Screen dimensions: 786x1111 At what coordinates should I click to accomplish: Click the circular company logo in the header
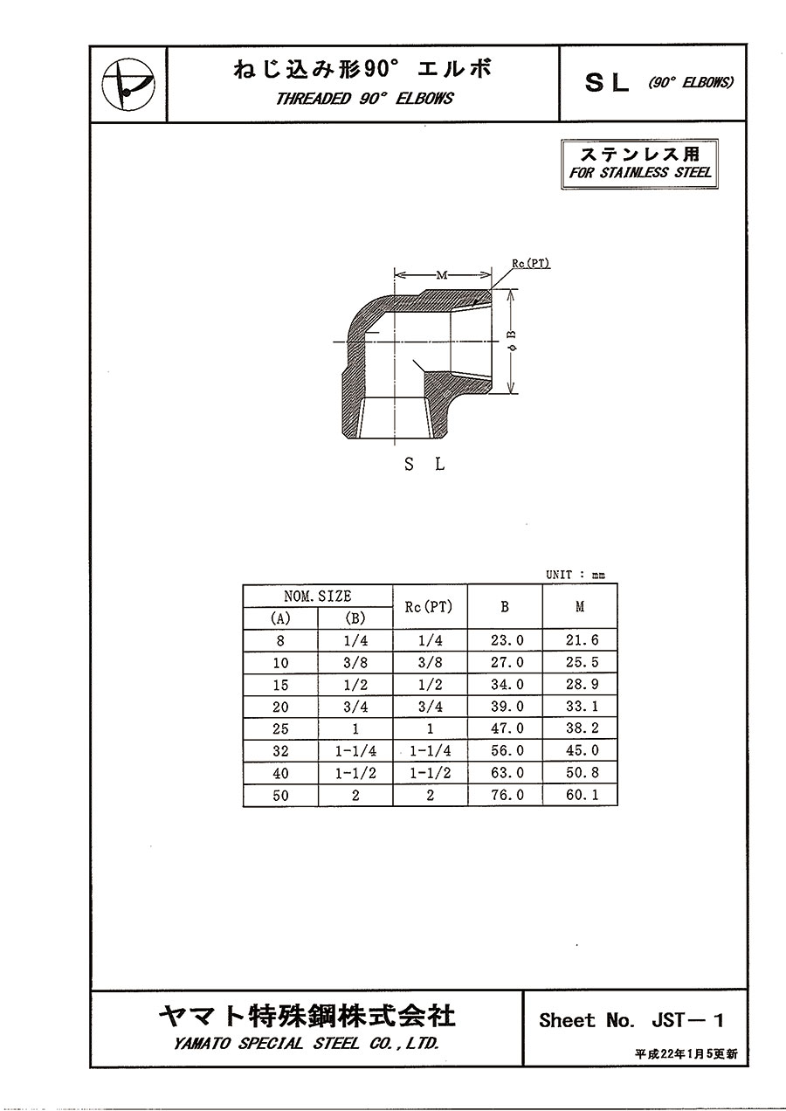click(128, 84)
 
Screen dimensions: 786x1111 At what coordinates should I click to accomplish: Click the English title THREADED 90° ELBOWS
click(364, 98)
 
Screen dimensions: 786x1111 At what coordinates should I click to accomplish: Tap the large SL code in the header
click(607, 83)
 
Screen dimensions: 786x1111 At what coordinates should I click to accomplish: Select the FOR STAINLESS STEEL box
click(639, 164)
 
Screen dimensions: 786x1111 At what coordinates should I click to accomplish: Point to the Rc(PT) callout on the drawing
click(531, 264)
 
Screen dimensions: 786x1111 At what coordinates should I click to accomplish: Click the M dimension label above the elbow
click(442, 275)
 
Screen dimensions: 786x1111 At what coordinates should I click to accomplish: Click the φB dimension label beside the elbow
click(513, 342)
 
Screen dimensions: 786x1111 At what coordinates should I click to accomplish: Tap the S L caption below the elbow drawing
click(424, 465)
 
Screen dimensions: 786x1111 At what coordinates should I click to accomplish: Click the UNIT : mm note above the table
click(576, 575)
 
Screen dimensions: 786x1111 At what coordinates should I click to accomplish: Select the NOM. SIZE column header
click(317, 596)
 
